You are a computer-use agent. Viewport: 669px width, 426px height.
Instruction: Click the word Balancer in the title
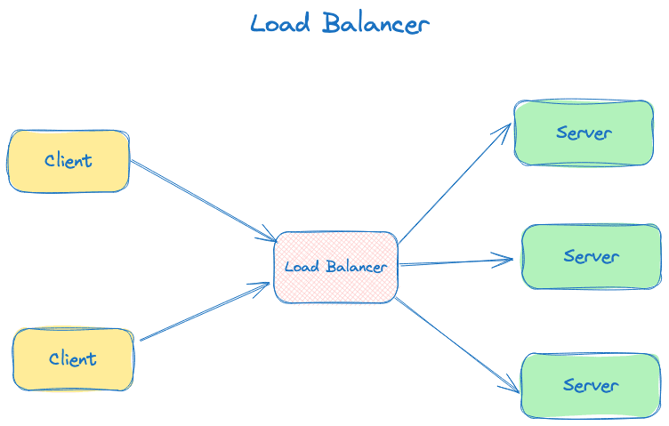click(x=376, y=24)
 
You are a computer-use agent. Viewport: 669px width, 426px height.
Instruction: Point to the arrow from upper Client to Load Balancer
click(x=204, y=201)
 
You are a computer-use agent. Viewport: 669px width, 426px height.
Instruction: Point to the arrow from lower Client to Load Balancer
click(x=206, y=311)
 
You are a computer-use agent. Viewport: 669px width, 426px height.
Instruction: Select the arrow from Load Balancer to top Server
click(x=454, y=183)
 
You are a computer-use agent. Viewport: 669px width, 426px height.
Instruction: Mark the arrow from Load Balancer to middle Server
click(x=455, y=262)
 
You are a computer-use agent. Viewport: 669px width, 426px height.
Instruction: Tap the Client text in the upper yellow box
click(x=69, y=161)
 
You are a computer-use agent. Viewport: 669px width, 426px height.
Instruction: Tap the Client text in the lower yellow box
click(x=73, y=359)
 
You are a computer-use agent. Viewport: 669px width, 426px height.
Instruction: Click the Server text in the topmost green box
click(x=584, y=133)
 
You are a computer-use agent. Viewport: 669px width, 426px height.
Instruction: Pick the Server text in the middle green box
click(x=592, y=256)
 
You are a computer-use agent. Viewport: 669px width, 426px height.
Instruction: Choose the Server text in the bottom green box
click(x=592, y=386)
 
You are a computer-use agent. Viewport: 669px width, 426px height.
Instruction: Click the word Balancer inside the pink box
click(x=356, y=267)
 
